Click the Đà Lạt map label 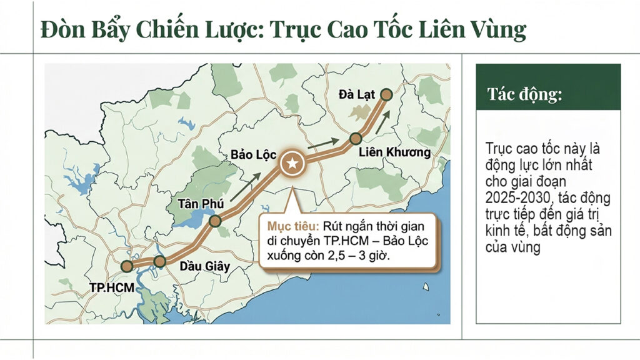(357, 95)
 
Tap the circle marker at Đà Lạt (386, 94)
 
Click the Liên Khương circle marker (356, 139)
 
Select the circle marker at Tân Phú (215, 221)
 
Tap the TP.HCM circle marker (127, 266)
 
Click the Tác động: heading (525, 95)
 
